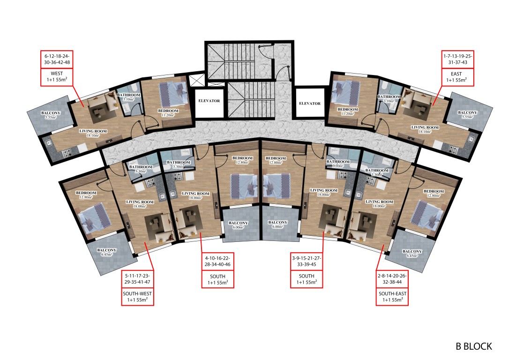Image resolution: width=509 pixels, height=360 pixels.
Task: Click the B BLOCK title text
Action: coord(474,346)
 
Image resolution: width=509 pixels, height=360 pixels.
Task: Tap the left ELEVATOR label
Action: coord(209,101)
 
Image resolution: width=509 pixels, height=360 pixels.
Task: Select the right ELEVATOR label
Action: coord(310,104)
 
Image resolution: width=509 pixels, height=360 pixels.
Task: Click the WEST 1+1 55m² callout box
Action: coord(57,77)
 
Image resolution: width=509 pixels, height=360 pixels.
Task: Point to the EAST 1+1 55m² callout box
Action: coord(457,77)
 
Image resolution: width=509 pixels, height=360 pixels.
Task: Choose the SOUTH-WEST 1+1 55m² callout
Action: coord(137,297)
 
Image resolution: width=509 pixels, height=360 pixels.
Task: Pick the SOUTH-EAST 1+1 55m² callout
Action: coord(392,297)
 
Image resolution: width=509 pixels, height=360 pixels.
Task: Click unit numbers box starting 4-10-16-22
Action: coord(217,261)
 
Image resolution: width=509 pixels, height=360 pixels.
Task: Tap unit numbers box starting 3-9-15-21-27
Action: coord(307,261)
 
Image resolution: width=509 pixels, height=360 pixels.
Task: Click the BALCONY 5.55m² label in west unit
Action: coord(51,115)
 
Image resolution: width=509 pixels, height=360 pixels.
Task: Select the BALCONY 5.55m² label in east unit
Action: coord(467,114)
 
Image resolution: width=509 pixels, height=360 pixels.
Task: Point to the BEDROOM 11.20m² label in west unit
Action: coord(168,112)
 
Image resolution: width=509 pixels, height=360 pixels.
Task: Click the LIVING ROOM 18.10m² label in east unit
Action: coord(425,129)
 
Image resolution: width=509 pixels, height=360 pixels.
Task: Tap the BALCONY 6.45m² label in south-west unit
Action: coord(106,252)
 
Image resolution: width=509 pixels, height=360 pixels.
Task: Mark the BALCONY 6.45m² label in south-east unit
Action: coord(412,253)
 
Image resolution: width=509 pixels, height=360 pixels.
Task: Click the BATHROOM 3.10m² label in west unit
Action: coord(129,97)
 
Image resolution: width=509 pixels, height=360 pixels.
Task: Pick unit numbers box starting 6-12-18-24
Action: coord(57,60)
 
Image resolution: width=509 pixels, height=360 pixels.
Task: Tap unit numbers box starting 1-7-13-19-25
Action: coord(457,60)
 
